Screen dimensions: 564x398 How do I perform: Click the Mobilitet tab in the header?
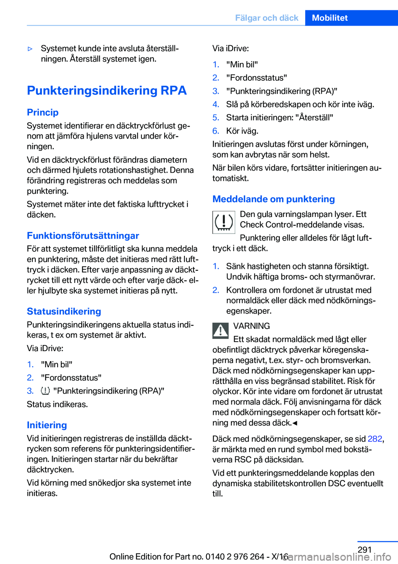[330, 18]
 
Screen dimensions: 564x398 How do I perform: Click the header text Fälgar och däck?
[267, 18]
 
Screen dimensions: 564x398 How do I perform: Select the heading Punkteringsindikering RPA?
[107, 90]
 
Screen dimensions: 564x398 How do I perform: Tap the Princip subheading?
[43, 112]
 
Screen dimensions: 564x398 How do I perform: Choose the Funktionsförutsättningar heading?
[83, 236]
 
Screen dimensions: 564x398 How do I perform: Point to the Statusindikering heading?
[64, 311]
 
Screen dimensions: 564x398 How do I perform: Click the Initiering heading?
[47, 425]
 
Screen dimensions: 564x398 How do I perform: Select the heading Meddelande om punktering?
[274, 199]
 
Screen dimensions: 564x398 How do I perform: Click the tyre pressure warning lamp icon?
[224, 222]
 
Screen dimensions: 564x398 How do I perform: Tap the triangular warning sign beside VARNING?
[221, 330]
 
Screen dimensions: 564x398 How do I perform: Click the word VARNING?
[252, 326]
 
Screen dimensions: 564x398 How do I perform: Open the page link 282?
[375, 439]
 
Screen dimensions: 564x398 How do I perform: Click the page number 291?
[364, 550]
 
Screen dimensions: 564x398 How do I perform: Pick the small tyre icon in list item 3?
[46, 390]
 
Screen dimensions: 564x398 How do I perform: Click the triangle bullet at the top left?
[30, 49]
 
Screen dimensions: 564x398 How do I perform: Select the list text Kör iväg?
[242, 131]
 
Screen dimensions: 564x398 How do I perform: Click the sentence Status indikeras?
[57, 404]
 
